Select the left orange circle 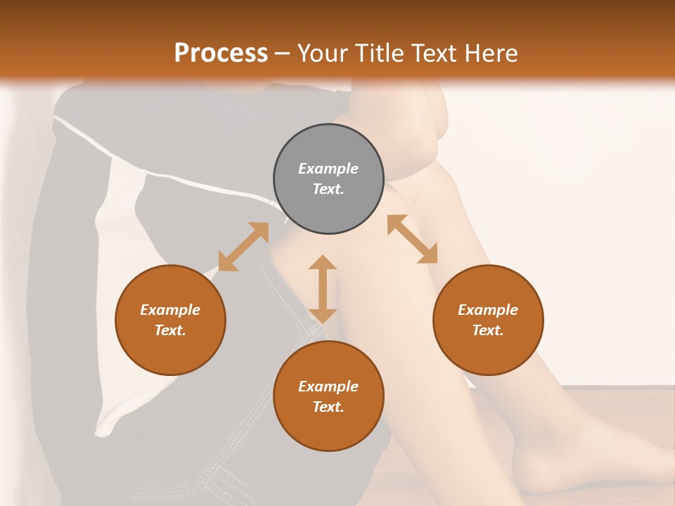pyautogui.click(x=170, y=320)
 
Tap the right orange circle pyautogui.click(x=488, y=320)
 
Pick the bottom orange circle pyautogui.click(x=328, y=396)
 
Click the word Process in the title pyautogui.click(x=221, y=53)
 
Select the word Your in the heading pyautogui.click(x=321, y=53)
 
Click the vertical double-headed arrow pyautogui.click(x=323, y=289)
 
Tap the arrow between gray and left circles pyautogui.click(x=243, y=247)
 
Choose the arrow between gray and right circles pyautogui.click(x=412, y=239)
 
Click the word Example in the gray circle pyautogui.click(x=328, y=169)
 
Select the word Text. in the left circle pyautogui.click(x=170, y=330)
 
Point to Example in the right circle pyautogui.click(x=488, y=310)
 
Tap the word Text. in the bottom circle pyautogui.click(x=328, y=407)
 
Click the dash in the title pyautogui.click(x=283, y=54)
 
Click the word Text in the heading pyautogui.click(x=428, y=53)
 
